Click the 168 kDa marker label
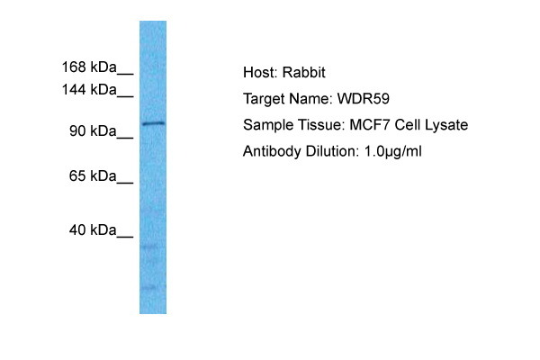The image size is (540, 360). pos(89,67)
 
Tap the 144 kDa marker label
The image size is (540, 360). pos(89,90)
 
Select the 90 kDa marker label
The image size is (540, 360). pos(93,130)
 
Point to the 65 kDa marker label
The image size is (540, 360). pos(93,176)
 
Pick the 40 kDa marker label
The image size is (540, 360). pos(93,229)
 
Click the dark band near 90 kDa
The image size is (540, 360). pos(153,123)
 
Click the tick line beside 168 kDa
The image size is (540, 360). pos(125,74)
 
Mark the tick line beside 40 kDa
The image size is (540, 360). pos(125,237)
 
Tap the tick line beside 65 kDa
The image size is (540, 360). pos(125,183)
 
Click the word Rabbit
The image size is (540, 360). pos(304,72)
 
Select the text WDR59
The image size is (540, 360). pos(364,99)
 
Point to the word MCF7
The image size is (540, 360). pos(370,125)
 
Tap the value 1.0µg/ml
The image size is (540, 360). pos(393,151)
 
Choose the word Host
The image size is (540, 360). pos(260,72)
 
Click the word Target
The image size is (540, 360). pos(264,99)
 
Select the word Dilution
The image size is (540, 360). pos(331,151)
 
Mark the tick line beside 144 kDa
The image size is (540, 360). pos(125,96)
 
